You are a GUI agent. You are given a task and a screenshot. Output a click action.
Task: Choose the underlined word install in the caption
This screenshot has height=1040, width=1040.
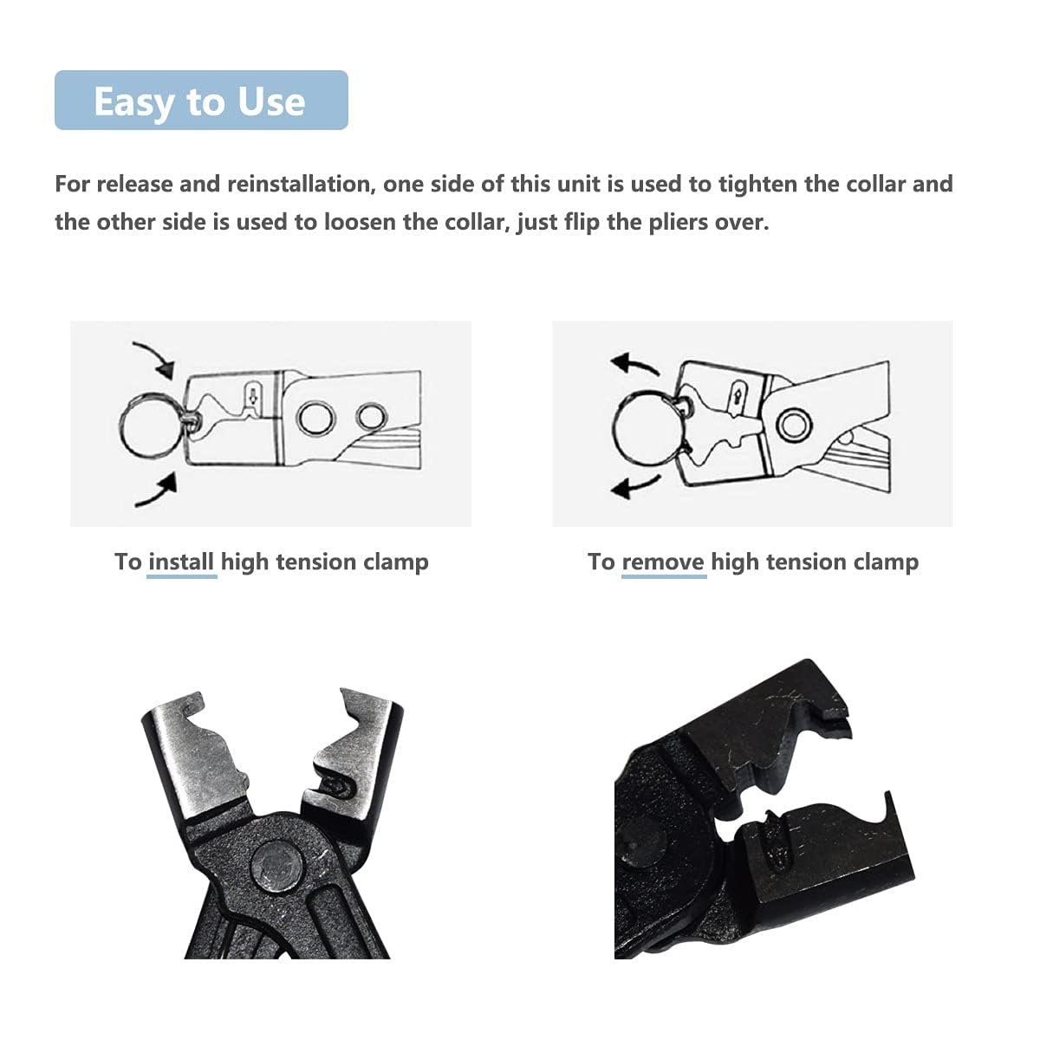pos(181,562)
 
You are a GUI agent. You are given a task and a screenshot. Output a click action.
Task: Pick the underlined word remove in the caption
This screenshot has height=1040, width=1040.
pos(663,562)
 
